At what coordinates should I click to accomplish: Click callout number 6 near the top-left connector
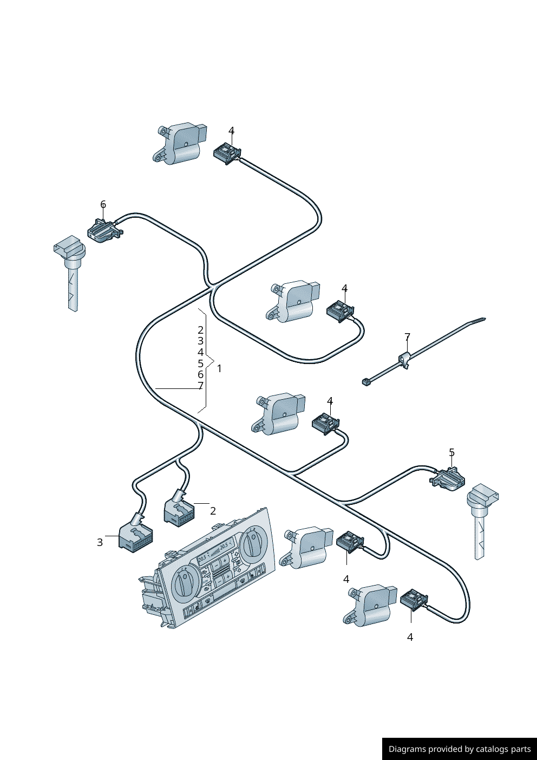(x=103, y=205)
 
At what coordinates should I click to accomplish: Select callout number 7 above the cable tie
(x=407, y=337)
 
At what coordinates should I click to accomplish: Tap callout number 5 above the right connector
(x=451, y=453)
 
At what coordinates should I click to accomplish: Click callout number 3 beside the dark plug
(x=100, y=542)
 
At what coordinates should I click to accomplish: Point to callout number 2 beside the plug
(x=213, y=511)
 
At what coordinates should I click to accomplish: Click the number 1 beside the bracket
(x=219, y=368)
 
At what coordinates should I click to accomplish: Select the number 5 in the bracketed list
(x=200, y=363)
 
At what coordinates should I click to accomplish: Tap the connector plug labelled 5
(x=448, y=479)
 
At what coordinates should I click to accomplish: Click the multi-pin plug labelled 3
(x=135, y=536)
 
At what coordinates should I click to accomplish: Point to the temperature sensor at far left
(x=71, y=271)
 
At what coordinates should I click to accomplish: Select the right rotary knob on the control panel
(x=252, y=544)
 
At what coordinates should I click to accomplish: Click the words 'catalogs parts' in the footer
(x=503, y=749)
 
